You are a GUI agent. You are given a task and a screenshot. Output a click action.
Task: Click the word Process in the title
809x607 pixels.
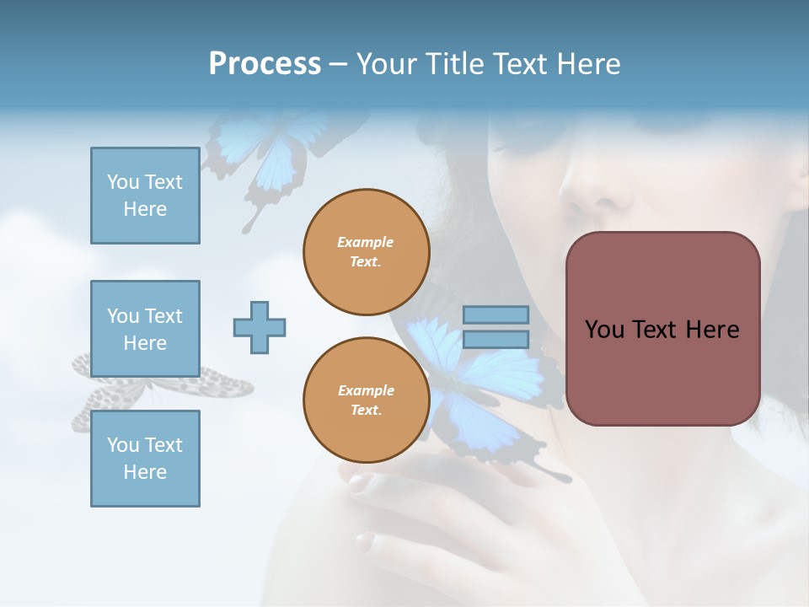[x=265, y=64]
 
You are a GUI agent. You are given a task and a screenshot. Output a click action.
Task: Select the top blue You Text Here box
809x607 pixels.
[x=145, y=196]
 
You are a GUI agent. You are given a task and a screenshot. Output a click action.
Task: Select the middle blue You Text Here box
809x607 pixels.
[x=145, y=329]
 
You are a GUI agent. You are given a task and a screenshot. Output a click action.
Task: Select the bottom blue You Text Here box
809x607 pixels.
[x=145, y=459]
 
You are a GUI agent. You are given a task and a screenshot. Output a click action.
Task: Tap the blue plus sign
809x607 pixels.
[x=260, y=327]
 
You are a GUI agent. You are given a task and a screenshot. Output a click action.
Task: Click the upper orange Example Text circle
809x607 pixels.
[x=366, y=252]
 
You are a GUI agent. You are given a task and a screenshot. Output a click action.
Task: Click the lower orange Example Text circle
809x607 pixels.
[x=366, y=400]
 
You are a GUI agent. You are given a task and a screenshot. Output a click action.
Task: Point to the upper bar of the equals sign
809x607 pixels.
[x=496, y=314]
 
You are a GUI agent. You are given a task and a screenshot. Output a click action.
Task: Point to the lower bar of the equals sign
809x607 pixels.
[x=496, y=339]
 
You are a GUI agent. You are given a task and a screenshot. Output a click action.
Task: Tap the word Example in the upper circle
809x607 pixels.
[x=366, y=242]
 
